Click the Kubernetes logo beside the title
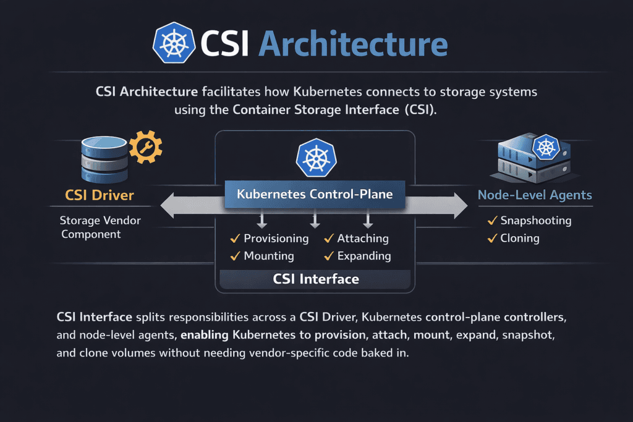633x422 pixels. tap(174, 44)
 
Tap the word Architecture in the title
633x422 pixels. tap(352, 44)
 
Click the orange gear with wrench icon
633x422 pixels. tap(146, 146)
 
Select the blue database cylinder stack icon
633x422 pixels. tap(104, 158)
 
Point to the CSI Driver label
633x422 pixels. tap(99, 196)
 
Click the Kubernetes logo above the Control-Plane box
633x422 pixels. tap(315, 157)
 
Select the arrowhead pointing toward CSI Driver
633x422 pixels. tap(169, 205)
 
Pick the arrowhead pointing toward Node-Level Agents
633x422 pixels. tap(459, 205)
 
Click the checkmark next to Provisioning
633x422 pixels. tap(235, 238)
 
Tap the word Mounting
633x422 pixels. tap(269, 256)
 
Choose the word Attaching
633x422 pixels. tap(363, 238)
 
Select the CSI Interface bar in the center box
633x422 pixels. tap(316, 279)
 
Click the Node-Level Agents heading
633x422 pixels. tap(535, 195)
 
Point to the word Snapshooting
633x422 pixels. tap(536, 221)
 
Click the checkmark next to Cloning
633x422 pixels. tap(493, 238)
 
